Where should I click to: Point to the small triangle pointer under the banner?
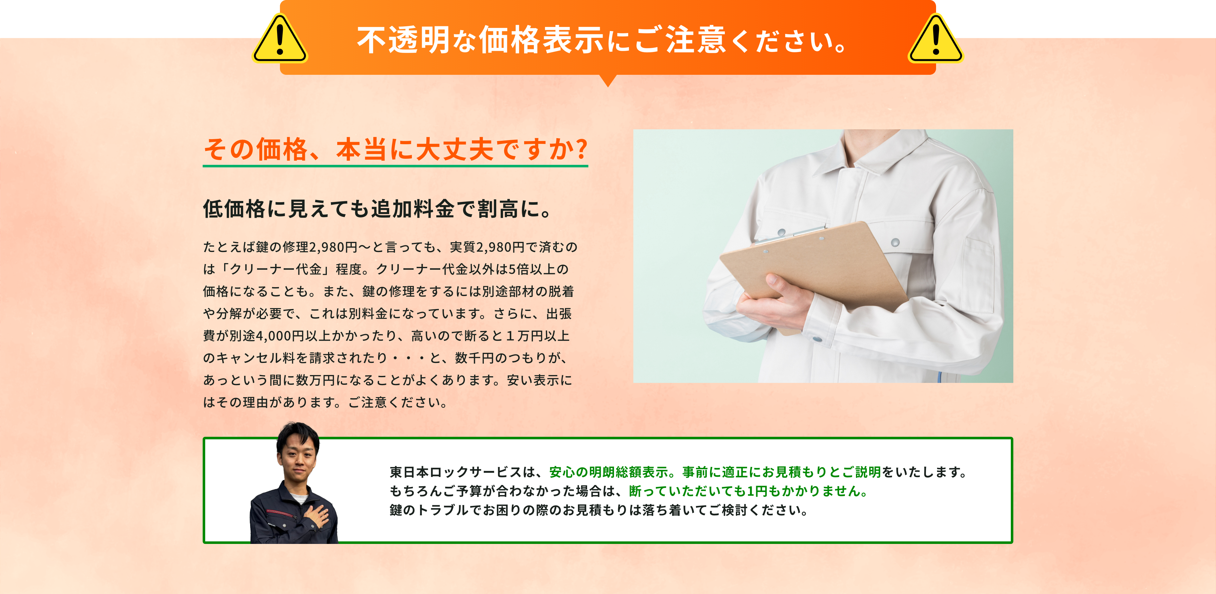608,81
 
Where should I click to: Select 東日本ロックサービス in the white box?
456,472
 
